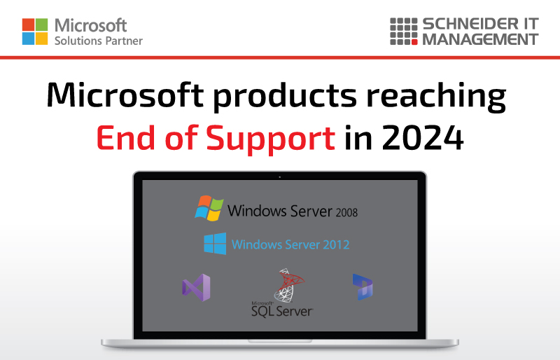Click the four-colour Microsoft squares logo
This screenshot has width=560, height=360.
(x=35, y=32)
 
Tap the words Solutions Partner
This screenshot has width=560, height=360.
(x=99, y=41)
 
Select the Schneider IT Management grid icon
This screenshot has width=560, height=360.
(x=404, y=32)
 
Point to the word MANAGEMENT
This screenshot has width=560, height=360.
(x=480, y=39)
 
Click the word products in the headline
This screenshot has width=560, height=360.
(x=285, y=96)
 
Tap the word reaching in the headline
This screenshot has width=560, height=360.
(x=436, y=96)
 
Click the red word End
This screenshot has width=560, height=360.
(x=125, y=138)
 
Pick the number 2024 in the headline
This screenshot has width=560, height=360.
(x=423, y=138)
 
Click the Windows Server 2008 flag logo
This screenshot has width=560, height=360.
(x=209, y=208)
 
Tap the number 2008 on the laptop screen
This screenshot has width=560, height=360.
(x=346, y=213)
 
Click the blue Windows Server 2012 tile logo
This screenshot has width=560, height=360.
(x=215, y=244)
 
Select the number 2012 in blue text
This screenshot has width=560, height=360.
(x=336, y=244)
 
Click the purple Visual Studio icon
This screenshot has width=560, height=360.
(x=196, y=287)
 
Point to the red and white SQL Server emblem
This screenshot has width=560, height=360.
(x=289, y=285)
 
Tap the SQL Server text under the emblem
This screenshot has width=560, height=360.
(x=282, y=311)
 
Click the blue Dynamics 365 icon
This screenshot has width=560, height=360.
(x=363, y=286)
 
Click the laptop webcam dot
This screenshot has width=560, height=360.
(x=279, y=177)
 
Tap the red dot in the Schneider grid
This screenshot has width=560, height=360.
(x=414, y=42)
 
